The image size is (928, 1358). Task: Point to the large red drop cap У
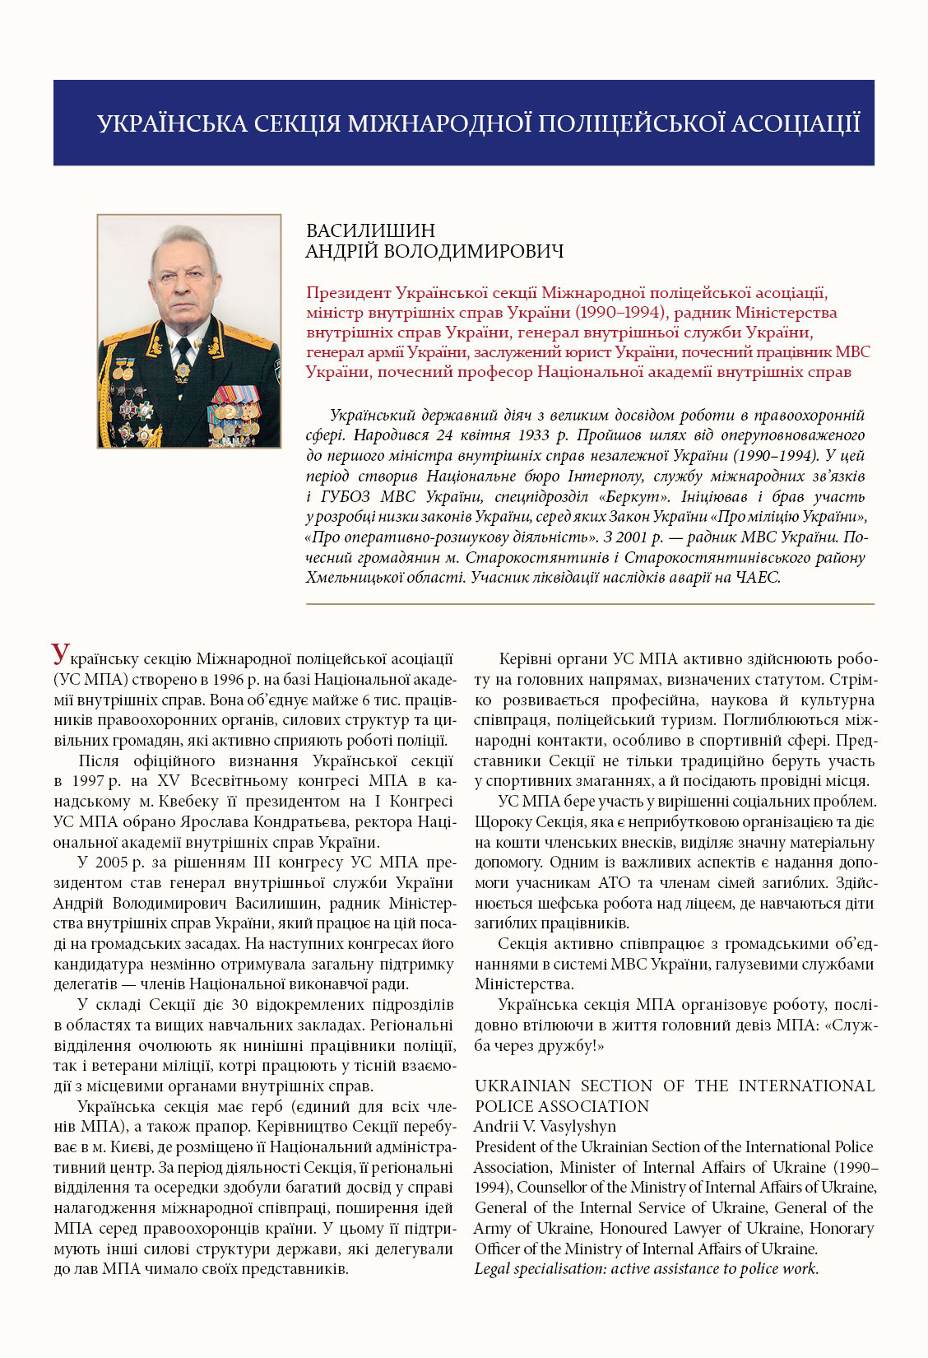click(x=61, y=654)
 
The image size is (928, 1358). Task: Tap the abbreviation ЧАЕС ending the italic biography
click(x=758, y=578)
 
